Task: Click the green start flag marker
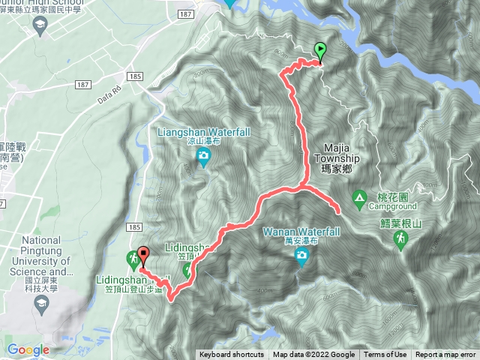click(x=322, y=51)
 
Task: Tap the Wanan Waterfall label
click(x=301, y=232)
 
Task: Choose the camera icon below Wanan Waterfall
click(x=301, y=257)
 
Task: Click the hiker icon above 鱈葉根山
click(x=400, y=238)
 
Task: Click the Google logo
click(x=28, y=349)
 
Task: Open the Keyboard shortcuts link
click(x=232, y=355)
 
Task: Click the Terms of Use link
click(x=385, y=355)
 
